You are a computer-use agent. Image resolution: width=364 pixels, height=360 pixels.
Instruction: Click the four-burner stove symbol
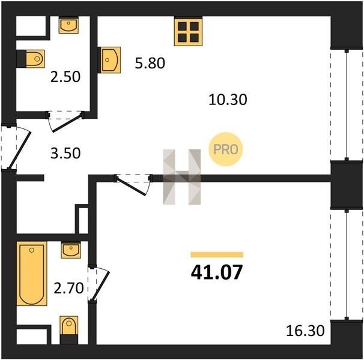(x=188, y=32)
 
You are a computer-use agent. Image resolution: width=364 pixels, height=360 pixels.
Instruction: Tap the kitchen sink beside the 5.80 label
(x=109, y=60)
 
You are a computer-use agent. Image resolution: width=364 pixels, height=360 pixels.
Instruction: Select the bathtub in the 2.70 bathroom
(x=32, y=274)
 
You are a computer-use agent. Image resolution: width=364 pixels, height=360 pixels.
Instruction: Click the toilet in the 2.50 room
(x=35, y=59)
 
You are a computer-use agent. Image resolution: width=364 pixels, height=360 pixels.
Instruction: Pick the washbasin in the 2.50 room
(x=68, y=25)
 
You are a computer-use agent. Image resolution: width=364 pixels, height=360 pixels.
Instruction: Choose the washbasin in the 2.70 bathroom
(x=71, y=250)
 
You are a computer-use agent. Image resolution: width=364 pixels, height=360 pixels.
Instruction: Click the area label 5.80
(x=150, y=63)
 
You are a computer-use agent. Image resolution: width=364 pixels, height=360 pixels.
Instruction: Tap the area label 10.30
(x=228, y=100)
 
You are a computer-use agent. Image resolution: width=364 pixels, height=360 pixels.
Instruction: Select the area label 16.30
(x=305, y=331)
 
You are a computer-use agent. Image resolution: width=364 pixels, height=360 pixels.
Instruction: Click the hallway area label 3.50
(x=65, y=154)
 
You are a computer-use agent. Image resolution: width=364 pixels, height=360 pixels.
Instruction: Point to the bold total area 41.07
(x=217, y=272)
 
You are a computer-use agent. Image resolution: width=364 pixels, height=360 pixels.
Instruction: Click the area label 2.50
(x=65, y=77)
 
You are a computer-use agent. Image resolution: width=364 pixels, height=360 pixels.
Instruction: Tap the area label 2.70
(x=68, y=288)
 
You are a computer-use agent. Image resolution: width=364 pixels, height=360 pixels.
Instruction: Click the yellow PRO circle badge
(x=226, y=149)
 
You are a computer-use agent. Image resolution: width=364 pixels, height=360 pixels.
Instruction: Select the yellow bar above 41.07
(x=217, y=254)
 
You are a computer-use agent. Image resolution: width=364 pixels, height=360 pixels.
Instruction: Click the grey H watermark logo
(x=182, y=177)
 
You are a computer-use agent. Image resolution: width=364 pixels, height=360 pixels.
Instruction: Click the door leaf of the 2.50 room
(x=67, y=123)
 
